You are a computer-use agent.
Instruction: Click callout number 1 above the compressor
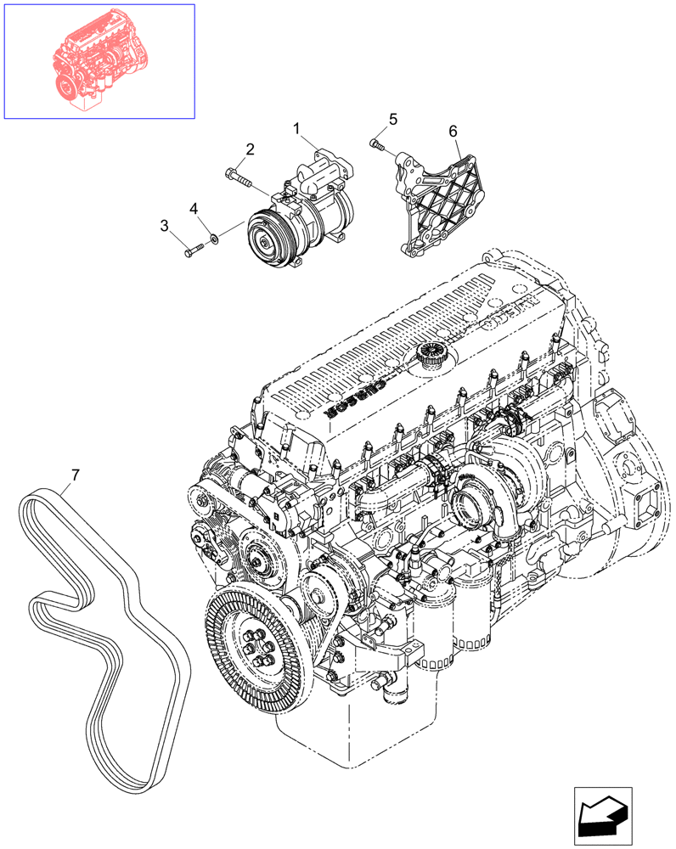(x=298, y=128)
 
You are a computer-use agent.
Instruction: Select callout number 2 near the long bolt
(x=250, y=150)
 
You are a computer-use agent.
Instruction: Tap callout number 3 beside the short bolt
(x=165, y=225)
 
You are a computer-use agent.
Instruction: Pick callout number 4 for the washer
(x=194, y=208)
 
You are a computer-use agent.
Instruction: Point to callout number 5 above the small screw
(x=392, y=119)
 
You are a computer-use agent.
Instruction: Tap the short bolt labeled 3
(x=193, y=250)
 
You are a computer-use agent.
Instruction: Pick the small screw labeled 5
(x=377, y=147)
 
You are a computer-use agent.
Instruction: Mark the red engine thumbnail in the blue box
(x=99, y=61)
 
